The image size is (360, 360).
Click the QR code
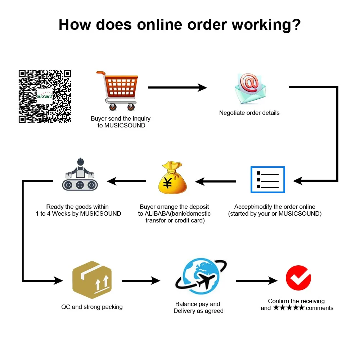[45, 96]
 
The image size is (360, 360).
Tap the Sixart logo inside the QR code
[45, 96]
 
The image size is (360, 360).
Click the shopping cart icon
[117, 91]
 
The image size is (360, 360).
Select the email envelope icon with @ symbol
[250, 89]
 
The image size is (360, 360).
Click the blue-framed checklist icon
[268, 180]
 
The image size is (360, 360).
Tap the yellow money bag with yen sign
[173, 177]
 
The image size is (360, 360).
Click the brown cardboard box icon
[92, 280]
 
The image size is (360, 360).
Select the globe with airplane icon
[201, 276]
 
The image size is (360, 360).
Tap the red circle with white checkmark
[298, 278]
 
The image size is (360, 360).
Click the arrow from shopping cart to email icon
[177, 87]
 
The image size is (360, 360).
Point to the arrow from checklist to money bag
[216, 181]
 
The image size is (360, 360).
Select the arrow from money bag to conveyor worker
[126, 181]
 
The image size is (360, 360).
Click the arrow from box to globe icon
[141, 280]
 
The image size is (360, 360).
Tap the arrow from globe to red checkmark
[257, 280]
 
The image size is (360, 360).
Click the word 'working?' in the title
[266, 24]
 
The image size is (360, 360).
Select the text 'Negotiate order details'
[249, 113]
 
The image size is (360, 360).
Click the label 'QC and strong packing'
[92, 307]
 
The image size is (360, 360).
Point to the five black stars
[289, 308]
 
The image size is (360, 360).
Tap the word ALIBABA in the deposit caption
[157, 213]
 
